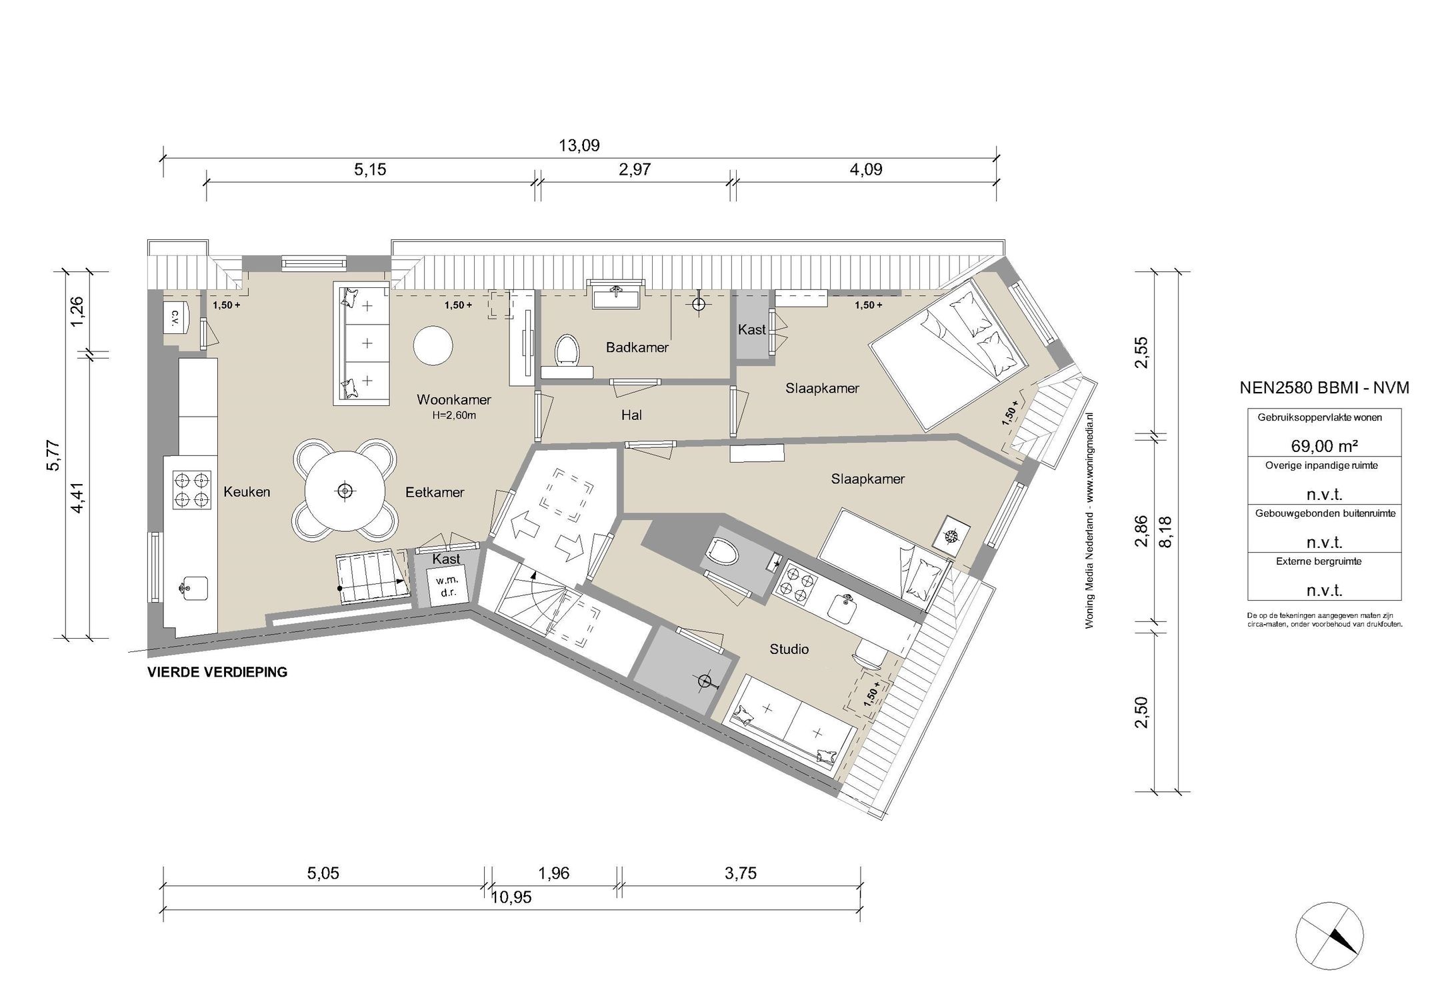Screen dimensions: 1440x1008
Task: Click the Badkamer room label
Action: pyautogui.click(x=637, y=347)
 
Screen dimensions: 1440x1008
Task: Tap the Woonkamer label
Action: pyautogui.click(x=454, y=400)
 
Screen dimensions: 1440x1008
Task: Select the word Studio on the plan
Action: pyautogui.click(x=789, y=649)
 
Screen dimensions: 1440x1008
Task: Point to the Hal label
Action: pyautogui.click(x=631, y=415)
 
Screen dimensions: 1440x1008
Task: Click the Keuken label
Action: pyautogui.click(x=247, y=492)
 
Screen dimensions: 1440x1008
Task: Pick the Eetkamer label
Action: pyautogui.click(x=435, y=493)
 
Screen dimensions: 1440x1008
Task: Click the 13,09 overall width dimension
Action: pyautogui.click(x=579, y=145)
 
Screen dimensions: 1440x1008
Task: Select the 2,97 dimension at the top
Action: pyautogui.click(x=635, y=169)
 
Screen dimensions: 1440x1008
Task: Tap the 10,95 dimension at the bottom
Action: pyautogui.click(x=511, y=897)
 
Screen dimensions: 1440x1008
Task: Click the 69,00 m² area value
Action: pyautogui.click(x=1323, y=445)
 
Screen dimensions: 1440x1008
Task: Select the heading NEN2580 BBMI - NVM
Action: pyautogui.click(x=1324, y=388)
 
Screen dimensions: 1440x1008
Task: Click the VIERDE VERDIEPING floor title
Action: pyautogui.click(x=217, y=672)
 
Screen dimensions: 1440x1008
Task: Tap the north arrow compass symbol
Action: pyautogui.click(x=1329, y=934)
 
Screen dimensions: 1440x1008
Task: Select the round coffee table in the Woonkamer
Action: pyautogui.click(x=433, y=345)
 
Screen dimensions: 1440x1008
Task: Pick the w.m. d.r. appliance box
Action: pyautogui.click(x=447, y=586)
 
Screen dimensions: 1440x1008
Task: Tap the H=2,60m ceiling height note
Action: pyautogui.click(x=454, y=415)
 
